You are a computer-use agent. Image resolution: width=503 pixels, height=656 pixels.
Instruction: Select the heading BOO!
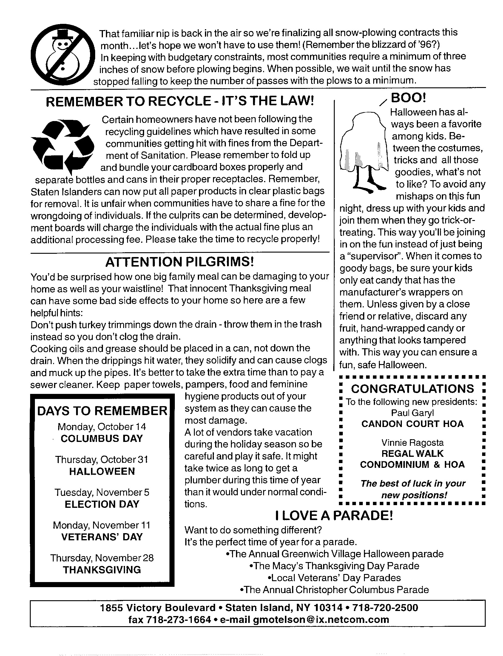tap(408, 98)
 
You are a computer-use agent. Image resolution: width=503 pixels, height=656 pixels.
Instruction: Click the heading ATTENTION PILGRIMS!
tap(180, 262)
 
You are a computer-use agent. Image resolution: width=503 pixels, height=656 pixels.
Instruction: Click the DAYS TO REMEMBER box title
tap(102, 411)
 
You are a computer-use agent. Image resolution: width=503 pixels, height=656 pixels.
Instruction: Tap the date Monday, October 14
tap(102, 427)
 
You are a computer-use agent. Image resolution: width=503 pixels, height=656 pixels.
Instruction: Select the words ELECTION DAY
tap(102, 504)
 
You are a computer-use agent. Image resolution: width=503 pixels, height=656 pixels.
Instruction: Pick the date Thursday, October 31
tap(102, 460)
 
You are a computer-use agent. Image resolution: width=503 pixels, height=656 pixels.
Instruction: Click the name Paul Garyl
tap(412, 413)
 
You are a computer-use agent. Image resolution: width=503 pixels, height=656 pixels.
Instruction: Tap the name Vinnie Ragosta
tap(413, 443)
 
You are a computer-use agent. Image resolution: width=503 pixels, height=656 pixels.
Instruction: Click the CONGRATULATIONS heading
tap(413, 389)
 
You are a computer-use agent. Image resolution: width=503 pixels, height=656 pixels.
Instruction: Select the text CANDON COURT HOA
tap(413, 424)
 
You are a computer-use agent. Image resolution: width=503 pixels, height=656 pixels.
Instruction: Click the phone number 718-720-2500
tap(385, 608)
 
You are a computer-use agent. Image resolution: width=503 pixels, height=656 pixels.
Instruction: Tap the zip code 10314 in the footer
tap(328, 608)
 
